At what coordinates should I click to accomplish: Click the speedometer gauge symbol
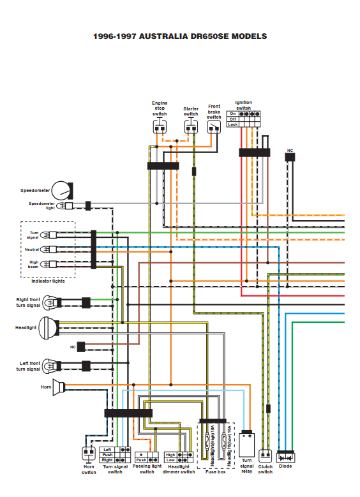pos(62,191)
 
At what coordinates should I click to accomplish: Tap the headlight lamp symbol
pos(49,328)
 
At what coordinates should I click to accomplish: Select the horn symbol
pos(59,387)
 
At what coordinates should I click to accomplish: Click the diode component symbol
pos(285,457)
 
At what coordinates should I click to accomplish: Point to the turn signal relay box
pos(247,444)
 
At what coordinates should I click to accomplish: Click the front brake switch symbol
pos(214,128)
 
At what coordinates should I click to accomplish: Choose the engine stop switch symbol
pos(160,127)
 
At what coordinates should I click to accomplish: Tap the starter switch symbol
pos(191,127)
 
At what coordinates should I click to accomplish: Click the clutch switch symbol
pos(265,456)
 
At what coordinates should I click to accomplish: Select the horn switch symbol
pos(89,453)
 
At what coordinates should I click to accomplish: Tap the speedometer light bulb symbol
pos(64,206)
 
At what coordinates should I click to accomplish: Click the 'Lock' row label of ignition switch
pos(232,124)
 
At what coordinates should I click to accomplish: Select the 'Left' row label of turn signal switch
pos(107,450)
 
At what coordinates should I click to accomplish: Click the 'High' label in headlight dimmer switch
pos(170,455)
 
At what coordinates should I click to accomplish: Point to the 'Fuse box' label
pos(216,472)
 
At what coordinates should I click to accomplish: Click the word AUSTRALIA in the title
pos(163,36)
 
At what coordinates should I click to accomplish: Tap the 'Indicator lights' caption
pos(48,281)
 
